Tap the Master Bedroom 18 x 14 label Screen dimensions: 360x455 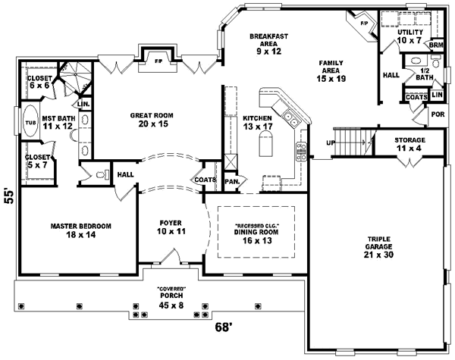click(80, 230)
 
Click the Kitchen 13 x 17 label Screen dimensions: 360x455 click(258, 124)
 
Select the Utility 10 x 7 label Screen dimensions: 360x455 click(409, 36)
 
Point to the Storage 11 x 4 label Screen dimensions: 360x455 click(409, 145)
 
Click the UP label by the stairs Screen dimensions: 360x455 click(330, 142)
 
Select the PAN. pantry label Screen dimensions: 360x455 click(232, 182)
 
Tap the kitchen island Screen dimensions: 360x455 click(265, 142)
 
